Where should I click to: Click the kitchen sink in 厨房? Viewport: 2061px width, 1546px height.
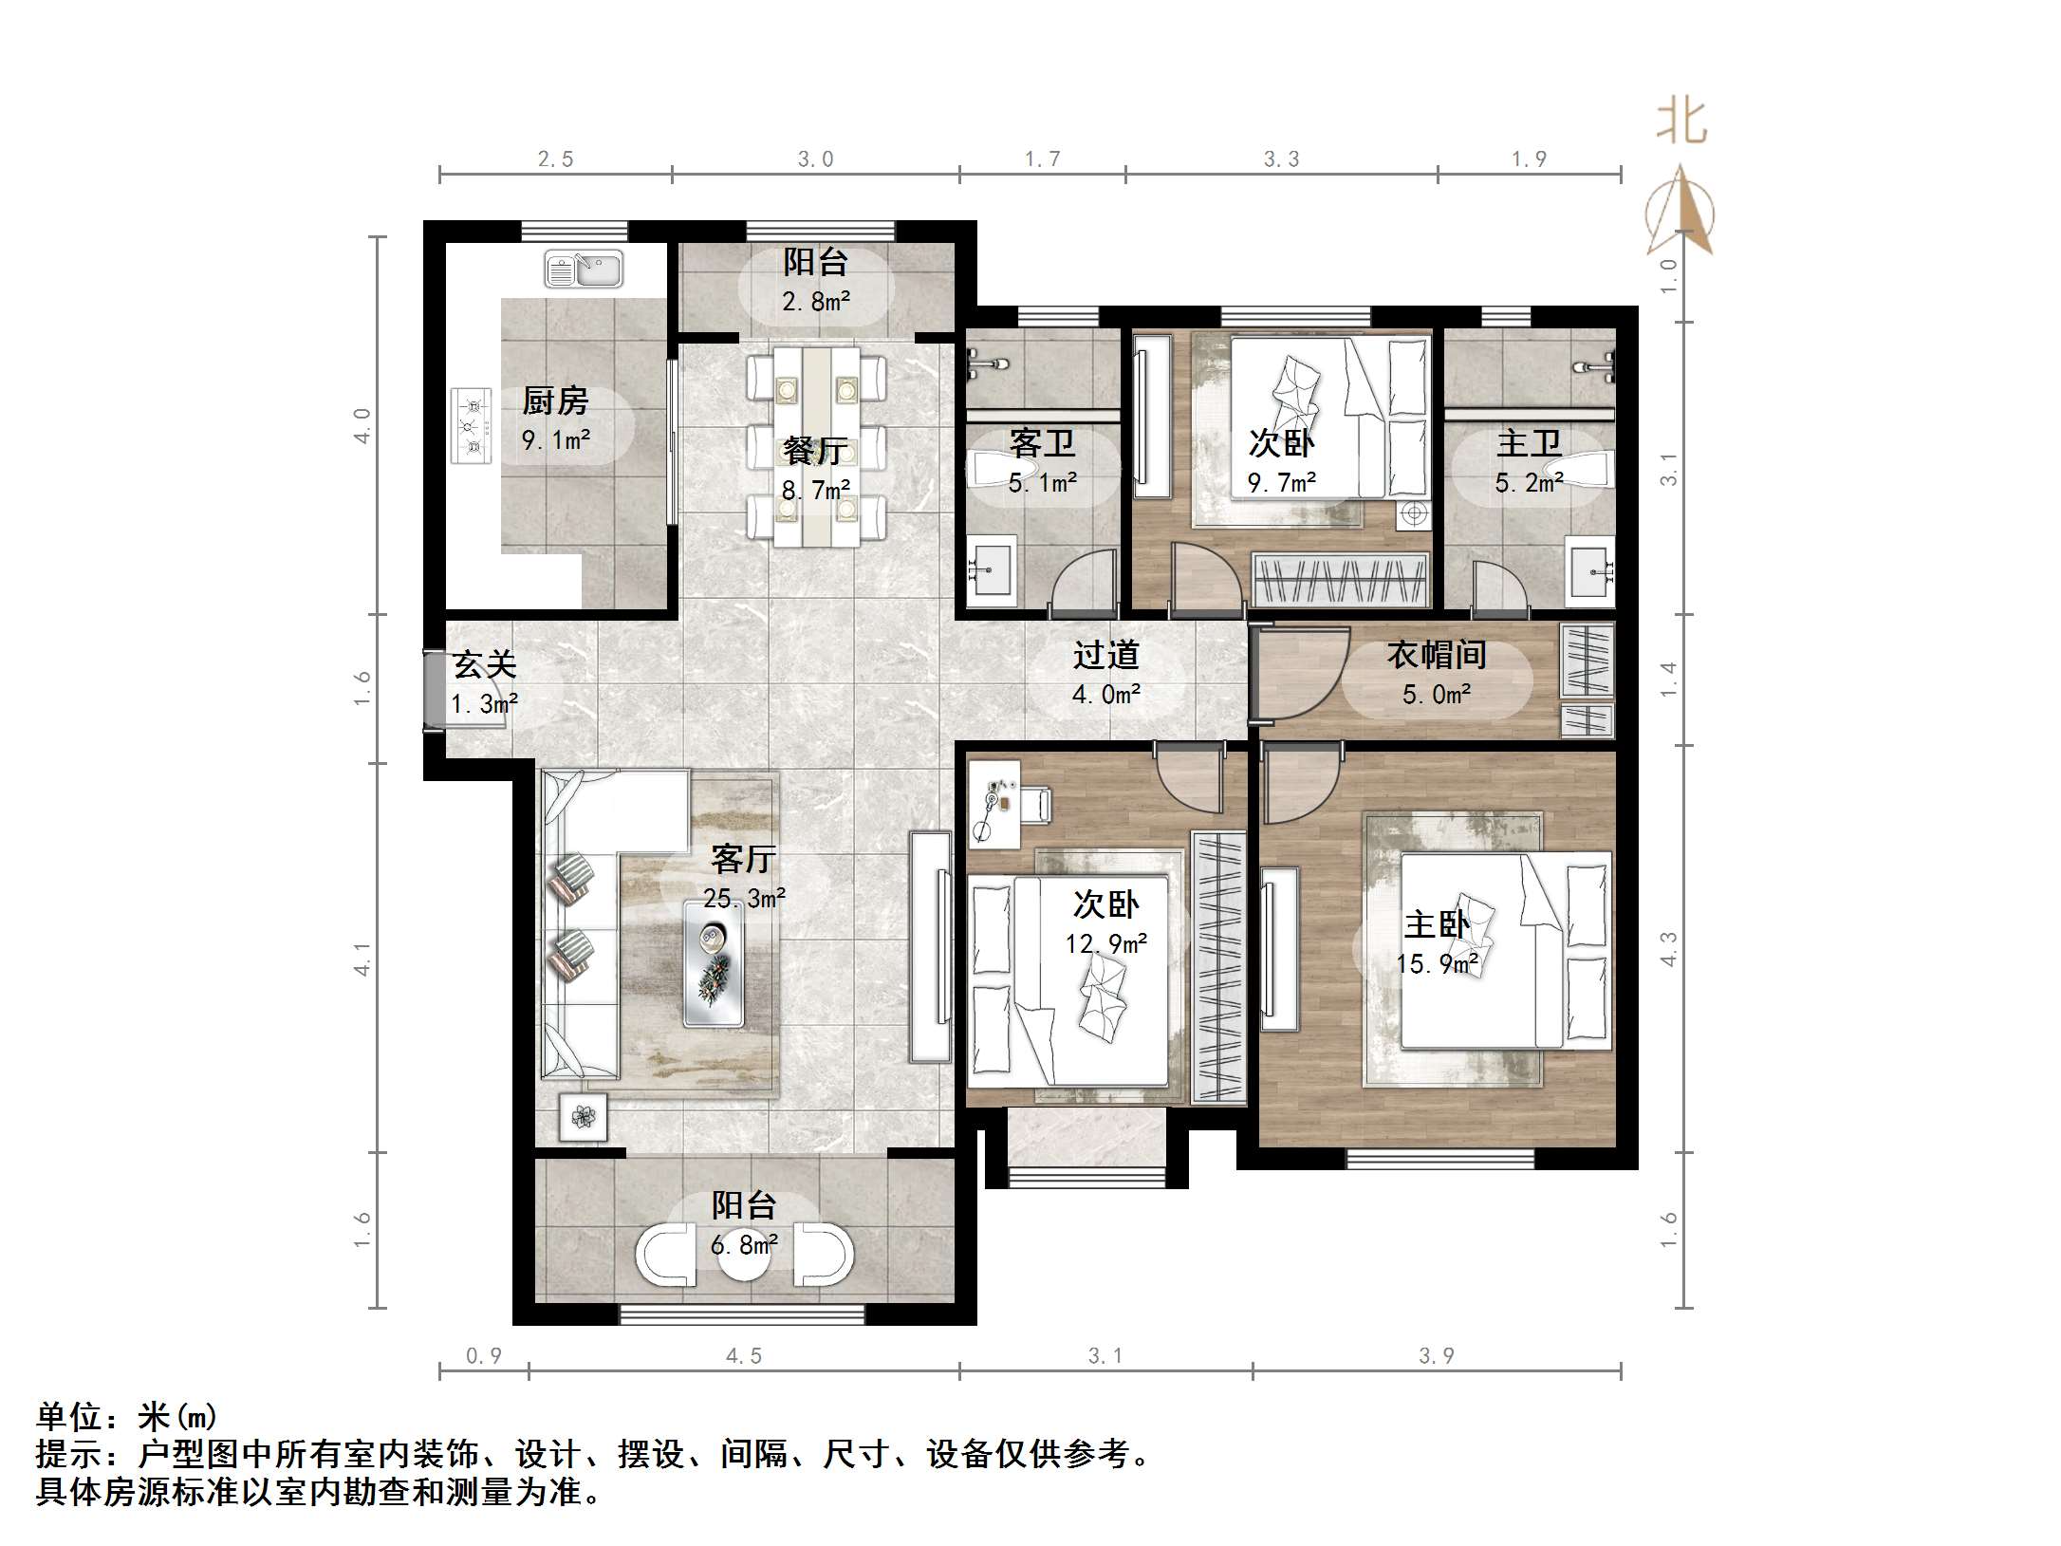pyautogui.click(x=583, y=269)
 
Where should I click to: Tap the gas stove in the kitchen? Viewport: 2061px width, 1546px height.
pyautogui.click(x=472, y=425)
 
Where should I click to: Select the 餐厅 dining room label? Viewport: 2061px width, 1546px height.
pyautogui.click(x=814, y=450)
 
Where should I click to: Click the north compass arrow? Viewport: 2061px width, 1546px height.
pyautogui.click(x=1680, y=209)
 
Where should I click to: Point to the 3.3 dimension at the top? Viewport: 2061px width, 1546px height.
pyautogui.click(x=1281, y=159)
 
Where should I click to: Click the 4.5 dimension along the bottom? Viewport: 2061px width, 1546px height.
pyautogui.click(x=744, y=1355)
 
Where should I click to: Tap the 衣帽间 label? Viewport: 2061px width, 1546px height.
pyautogui.click(x=1437, y=655)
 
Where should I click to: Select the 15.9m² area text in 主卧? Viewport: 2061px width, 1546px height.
pyautogui.click(x=1437, y=964)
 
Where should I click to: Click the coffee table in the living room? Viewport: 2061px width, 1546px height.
pyautogui.click(x=714, y=962)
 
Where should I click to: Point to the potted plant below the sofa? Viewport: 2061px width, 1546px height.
pyautogui.click(x=583, y=1118)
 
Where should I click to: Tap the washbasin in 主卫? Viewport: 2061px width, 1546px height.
pyautogui.click(x=1588, y=572)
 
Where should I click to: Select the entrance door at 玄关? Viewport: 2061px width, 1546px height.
pyautogui.click(x=433, y=690)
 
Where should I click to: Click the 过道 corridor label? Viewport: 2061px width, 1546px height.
pyautogui.click(x=1106, y=655)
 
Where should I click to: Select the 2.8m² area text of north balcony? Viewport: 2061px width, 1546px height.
pyautogui.click(x=815, y=302)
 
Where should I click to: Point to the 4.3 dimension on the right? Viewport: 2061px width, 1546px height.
pyautogui.click(x=1669, y=949)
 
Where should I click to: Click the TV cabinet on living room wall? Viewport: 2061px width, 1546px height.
pyautogui.click(x=931, y=947)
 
